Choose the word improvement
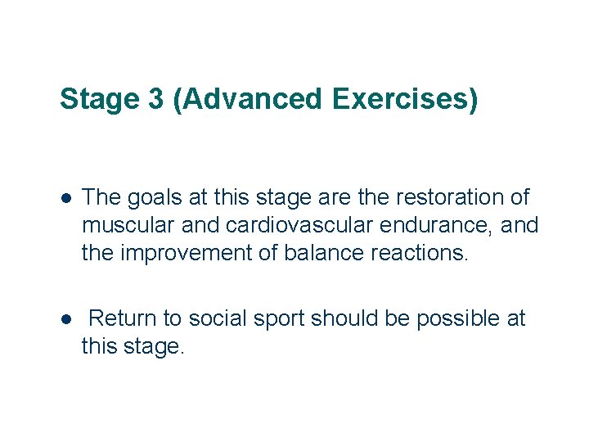pyautogui.click(x=187, y=253)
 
